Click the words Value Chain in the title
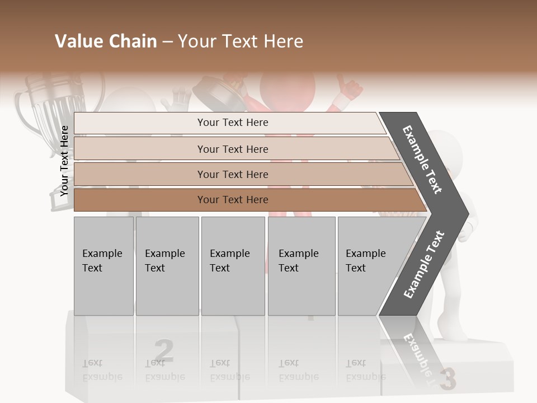coord(106,41)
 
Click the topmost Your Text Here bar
coord(232,123)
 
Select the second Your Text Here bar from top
coord(232,149)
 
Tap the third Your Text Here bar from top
coord(232,174)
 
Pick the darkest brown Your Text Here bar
coord(232,200)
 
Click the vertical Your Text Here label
coord(64,161)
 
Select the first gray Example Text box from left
coord(103,266)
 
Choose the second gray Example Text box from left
coord(167,266)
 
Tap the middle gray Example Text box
coord(233,266)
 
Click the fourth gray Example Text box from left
coord(301,266)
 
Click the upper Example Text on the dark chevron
coord(423,160)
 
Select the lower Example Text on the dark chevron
coord(424,264)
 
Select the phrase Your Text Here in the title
coord(241,41)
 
